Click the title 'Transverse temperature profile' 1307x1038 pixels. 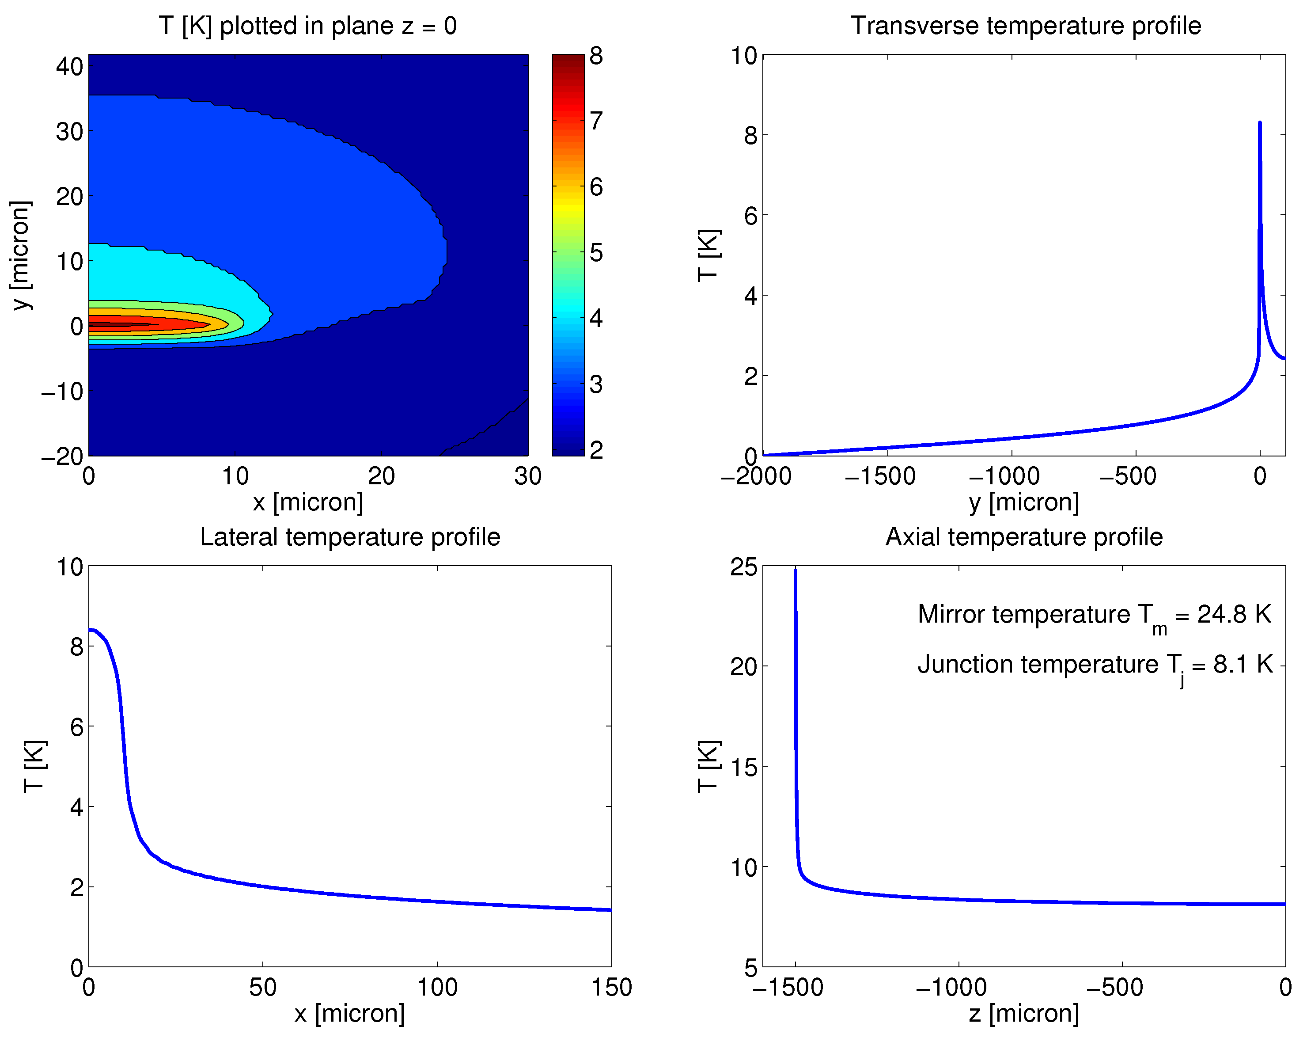1025,26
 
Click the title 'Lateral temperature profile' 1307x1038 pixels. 350,536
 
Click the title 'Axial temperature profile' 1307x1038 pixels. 1024,536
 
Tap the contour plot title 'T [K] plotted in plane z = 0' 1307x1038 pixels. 307,26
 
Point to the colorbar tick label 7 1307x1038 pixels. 596,121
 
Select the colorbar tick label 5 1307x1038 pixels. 596,252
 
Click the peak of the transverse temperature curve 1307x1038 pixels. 1260,123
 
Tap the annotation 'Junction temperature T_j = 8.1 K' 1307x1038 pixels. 1094,665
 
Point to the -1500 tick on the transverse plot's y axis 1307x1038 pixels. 880,476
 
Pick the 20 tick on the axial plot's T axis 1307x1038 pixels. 744,667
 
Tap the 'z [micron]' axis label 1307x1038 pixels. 1024,1014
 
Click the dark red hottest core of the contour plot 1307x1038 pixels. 109,324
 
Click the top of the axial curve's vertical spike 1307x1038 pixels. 796,570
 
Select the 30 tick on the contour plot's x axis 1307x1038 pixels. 527,476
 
